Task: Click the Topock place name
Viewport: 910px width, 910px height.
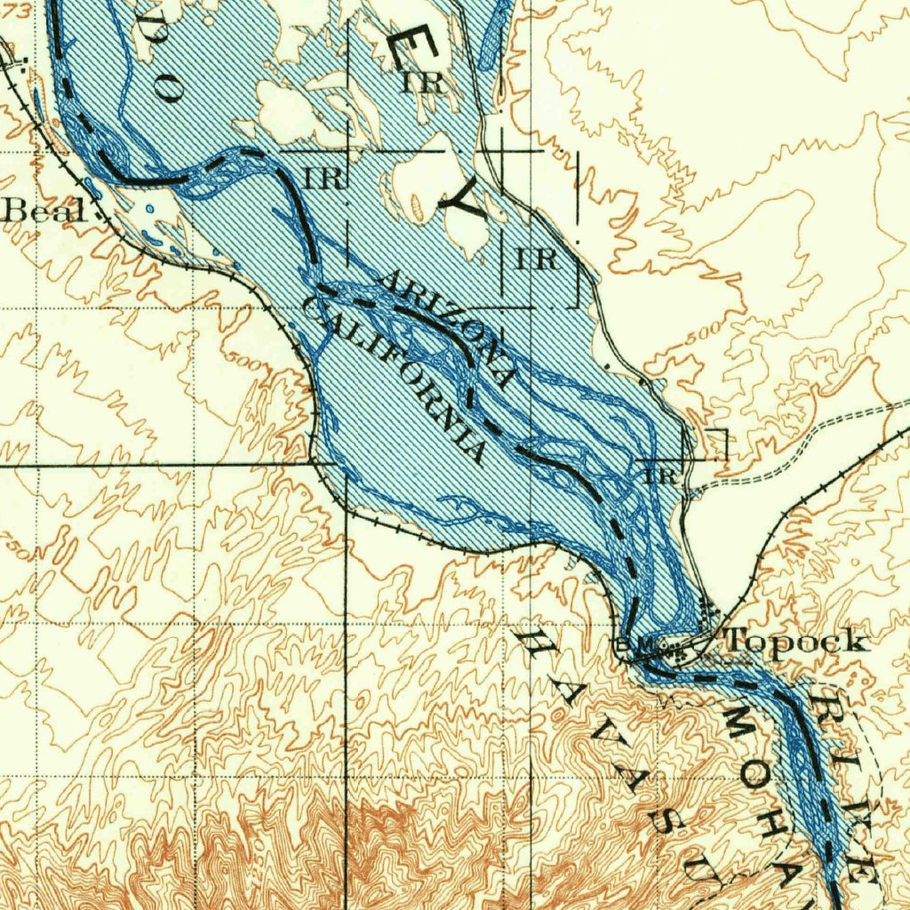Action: click(x=796, y=640)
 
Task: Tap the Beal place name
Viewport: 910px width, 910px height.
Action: click(x=46, y=212)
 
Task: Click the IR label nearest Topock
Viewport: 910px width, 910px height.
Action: click(x=662, y=475)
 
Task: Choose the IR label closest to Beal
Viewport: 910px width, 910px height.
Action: click(x=323, y=177)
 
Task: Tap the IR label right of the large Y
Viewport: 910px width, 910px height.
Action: click(x=537, y=259)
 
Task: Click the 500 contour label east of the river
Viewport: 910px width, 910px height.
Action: click(x=702, y=333)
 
